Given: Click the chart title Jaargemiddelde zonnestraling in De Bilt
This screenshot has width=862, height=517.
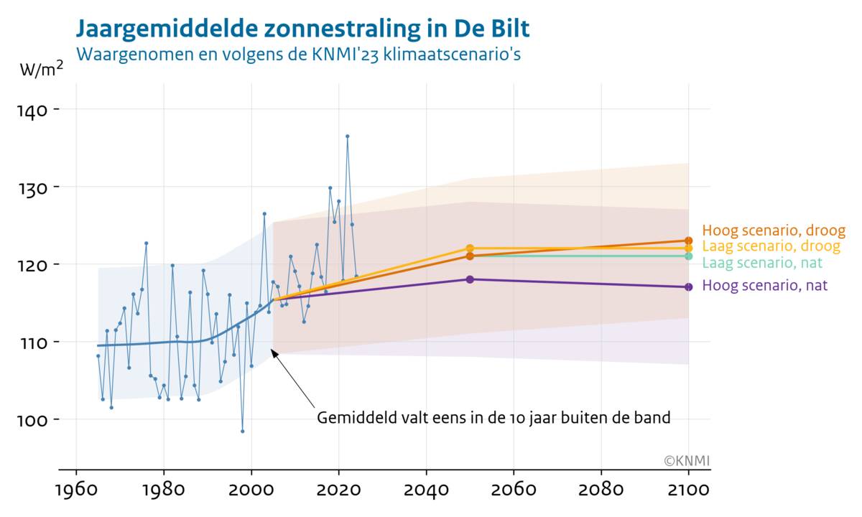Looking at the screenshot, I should coord(302,29).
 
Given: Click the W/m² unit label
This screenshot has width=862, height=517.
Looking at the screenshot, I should coord(45,70).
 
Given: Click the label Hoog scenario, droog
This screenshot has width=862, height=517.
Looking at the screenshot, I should coord(774,230).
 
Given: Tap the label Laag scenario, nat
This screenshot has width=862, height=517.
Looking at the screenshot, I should coord(762,263).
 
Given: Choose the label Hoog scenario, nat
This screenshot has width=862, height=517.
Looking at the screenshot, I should coord(764,286).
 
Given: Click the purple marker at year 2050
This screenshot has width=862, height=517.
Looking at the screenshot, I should coord(470,279).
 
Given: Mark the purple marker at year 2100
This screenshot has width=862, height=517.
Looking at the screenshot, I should coord(689,287).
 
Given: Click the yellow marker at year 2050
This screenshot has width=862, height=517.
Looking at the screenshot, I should coord(470,248).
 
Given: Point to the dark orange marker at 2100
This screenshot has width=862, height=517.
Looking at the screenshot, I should coord(689,241).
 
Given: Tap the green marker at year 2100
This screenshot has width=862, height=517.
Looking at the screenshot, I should coord(689,256).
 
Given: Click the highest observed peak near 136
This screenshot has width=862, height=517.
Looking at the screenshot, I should coord(348,136).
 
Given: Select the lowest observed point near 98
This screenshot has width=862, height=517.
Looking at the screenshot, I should coord(243,431).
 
